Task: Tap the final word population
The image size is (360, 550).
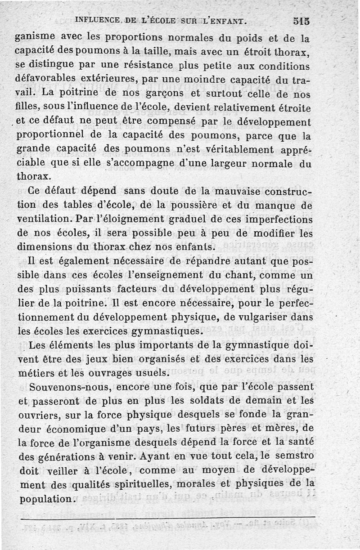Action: [46, 499]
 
